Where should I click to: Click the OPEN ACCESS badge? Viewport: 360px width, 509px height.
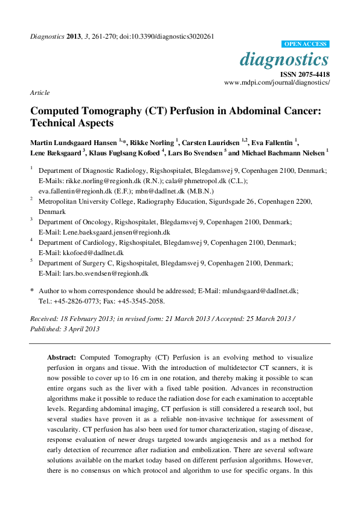point(306,44)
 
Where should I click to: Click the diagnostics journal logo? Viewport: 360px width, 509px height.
point(284,60)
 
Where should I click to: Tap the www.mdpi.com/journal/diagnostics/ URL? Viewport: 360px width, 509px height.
point(277,82)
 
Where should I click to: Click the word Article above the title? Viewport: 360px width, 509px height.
point(39,92)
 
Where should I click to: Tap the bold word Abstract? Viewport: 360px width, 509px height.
point(62,358)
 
